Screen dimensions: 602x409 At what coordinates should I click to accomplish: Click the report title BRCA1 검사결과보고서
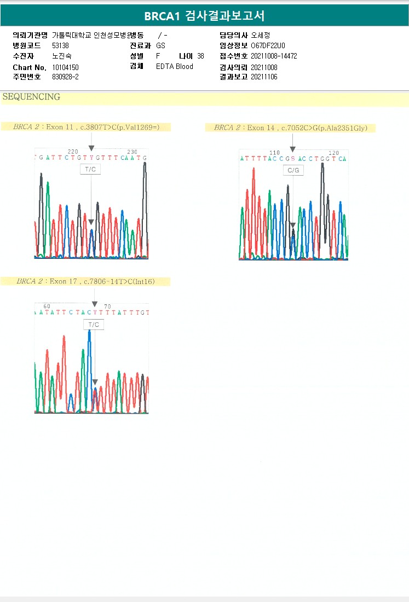click(204, 16)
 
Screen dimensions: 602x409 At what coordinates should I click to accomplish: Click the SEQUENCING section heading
click(31, 97)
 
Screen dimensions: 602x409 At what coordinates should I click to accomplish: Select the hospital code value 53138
click(60, 45)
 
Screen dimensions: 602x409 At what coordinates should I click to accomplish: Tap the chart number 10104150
click(66, 67)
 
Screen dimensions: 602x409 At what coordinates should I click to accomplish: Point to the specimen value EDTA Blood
click(174, 67)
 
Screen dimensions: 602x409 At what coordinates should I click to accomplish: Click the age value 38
click(200, 56)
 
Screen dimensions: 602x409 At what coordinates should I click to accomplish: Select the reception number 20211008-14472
click(274, 56)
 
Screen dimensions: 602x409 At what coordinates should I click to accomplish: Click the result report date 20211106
click(264, 77)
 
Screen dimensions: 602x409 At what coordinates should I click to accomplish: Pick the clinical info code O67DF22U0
click(268, 45)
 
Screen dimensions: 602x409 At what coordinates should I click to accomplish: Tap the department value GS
click(160, 45)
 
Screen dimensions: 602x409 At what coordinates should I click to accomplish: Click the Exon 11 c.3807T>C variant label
click(86, 127)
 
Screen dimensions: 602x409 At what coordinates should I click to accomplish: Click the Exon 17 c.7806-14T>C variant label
click(85, 281)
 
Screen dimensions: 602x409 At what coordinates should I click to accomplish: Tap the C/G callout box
click(293, 171)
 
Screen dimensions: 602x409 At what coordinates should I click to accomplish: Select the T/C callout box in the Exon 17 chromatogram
click(94, 325)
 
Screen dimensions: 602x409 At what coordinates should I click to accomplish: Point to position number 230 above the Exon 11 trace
click(132, 152)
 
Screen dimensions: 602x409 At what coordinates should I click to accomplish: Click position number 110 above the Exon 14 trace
click(275, 153)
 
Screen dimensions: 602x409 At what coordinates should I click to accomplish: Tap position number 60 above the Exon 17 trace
click(47, 306)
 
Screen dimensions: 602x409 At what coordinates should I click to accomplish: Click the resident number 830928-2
click(65, 77)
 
